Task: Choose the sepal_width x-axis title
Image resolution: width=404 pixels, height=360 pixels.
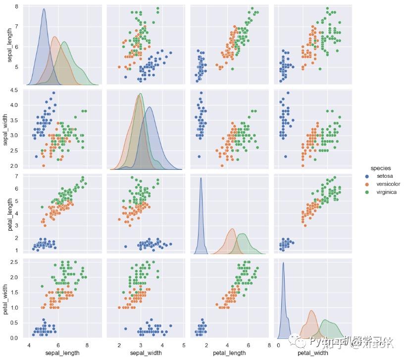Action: point(145,353)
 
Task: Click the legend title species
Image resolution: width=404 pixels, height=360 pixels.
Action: point(381,168)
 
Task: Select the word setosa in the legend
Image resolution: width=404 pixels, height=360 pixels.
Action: point(385,176)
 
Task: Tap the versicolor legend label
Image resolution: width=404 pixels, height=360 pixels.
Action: point(389,184)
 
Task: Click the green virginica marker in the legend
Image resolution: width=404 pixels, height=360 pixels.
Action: point(367,192)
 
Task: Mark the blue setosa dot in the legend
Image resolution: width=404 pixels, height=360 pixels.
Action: point(367,176)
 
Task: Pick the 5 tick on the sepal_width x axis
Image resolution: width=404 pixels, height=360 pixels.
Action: point(184,345)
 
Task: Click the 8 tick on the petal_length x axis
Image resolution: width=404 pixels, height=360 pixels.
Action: point(269,345)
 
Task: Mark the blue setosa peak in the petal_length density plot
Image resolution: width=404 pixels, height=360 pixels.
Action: point(201,178)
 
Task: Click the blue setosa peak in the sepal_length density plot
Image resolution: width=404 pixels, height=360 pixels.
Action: point(44,9)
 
